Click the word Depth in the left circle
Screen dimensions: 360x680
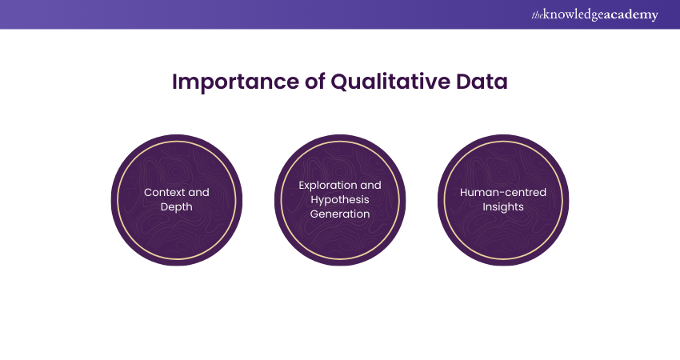(177, 206)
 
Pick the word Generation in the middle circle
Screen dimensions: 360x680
(340, 214)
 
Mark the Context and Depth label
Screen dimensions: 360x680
(177, 199)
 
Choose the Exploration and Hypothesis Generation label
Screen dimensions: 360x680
(340, 199)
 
